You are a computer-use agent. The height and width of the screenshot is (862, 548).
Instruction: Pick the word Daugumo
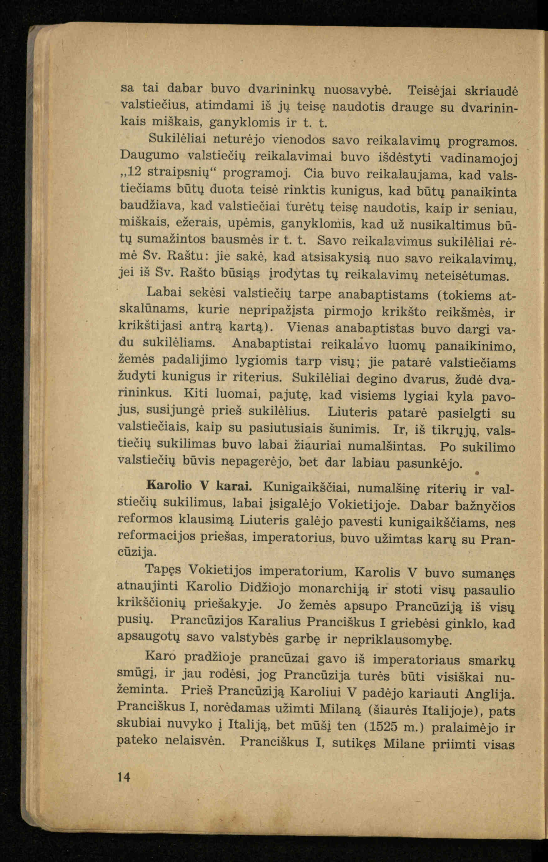tap(150, 155)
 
